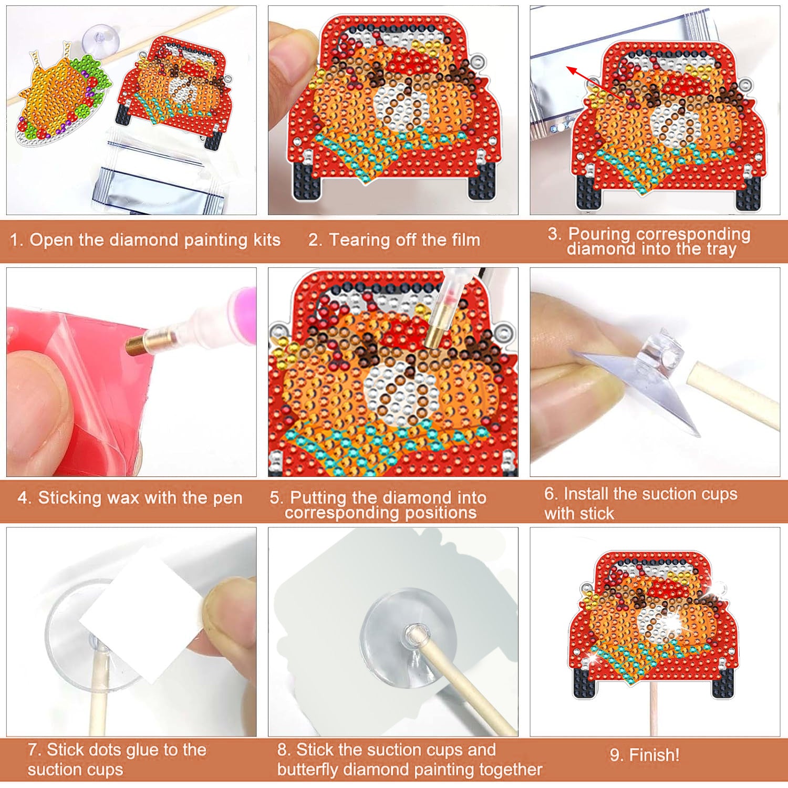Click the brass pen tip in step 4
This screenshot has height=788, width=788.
(138, 344)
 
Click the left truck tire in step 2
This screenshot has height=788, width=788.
(305, 181)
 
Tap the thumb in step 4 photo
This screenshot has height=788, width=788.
(37, 405)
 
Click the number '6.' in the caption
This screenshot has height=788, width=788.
(551, 494)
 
